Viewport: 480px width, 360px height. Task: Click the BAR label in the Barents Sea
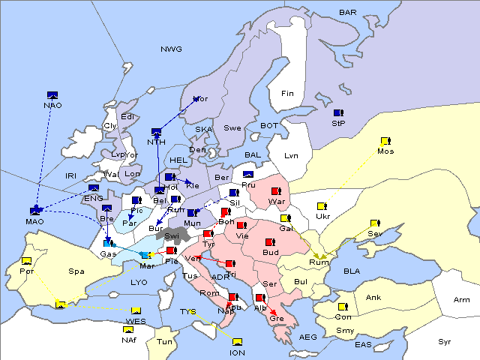[347, 12]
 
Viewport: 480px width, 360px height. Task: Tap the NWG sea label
[170, 49]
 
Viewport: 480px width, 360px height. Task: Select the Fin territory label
[287, 94]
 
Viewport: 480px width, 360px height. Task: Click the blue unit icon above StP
[338, 112]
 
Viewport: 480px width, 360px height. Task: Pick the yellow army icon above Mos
[385, 141]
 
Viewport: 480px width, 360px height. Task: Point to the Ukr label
[323, 216]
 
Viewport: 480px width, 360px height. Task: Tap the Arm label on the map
[462, 299]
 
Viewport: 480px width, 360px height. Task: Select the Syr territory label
[445, 341]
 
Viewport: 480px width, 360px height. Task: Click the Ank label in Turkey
[373, 297]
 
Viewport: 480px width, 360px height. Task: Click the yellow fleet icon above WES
[136, 311]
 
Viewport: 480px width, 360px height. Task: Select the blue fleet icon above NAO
[52, 95]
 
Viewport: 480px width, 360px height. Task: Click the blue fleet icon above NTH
[156, 132]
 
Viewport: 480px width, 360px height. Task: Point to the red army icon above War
[276, 191]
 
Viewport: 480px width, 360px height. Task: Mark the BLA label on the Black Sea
[352, 270]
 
